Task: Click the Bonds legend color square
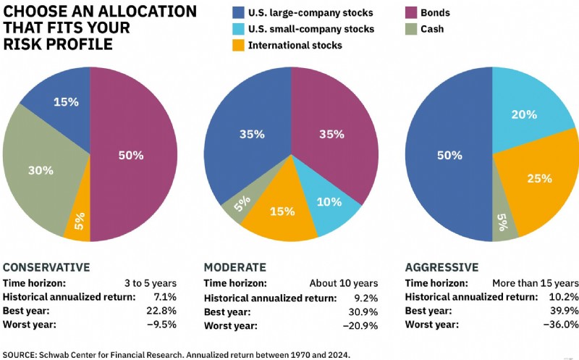pos(411,12)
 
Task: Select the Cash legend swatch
pos(411,29)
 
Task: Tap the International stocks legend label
pos(295,45)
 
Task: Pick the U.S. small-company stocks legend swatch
pos(239,29)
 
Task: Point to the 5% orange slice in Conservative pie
pos(80,218)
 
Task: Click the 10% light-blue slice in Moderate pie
pos(327,204)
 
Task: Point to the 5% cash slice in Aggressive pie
pos(503,218)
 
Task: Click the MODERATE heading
pos(234,267)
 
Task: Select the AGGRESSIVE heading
pos(441,267)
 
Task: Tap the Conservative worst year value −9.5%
pos(161,325)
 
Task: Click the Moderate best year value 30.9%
pos(363,312)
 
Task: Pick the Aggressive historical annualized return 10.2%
pos(564,297)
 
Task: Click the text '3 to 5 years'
pos(151,283)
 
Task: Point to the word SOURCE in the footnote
pos(20,355)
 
